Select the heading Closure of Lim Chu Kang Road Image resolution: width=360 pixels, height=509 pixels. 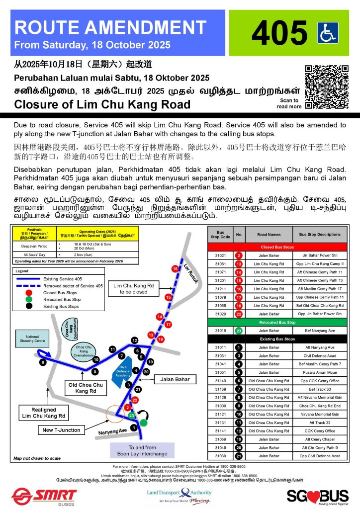(102, 104)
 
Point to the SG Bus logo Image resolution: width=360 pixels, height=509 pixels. (317, 496)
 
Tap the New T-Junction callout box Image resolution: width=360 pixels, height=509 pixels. (61, 430)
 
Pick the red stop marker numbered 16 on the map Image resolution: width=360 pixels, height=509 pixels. (175, 269)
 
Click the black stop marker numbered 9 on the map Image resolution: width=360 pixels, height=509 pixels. (43, 362)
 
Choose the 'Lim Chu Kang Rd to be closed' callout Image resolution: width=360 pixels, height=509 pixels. (133, 289)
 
